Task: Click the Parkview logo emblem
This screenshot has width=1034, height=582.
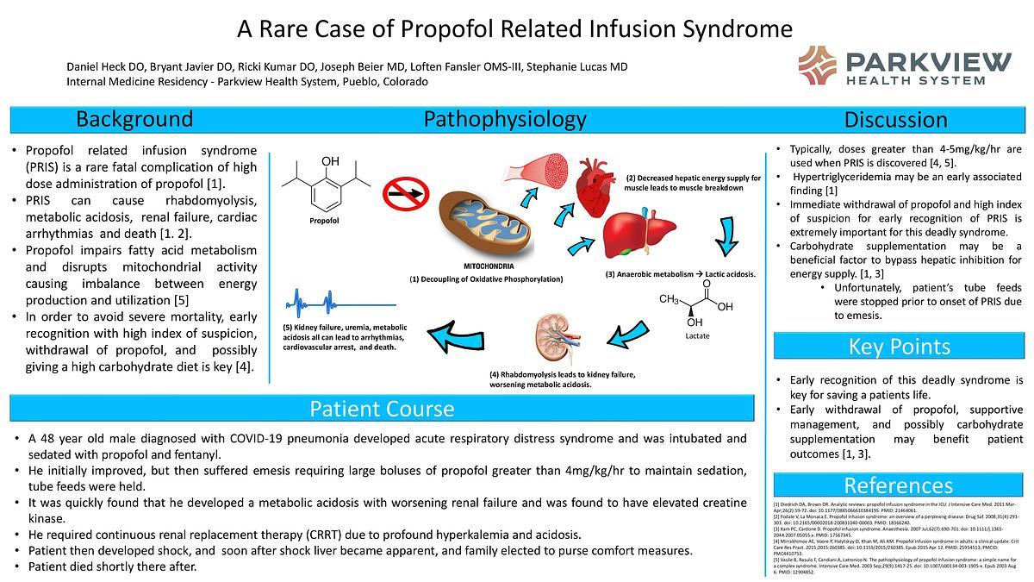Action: point(817,65)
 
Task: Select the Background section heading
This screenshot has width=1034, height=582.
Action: point(134,119)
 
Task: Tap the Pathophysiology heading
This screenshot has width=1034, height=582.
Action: point(504,119)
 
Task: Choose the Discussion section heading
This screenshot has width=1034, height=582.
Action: point(895,120)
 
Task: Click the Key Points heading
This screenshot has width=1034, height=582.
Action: point(899,346)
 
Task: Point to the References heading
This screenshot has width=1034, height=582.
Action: point(898,485)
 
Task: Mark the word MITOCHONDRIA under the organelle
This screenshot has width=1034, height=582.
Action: point(487,267)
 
